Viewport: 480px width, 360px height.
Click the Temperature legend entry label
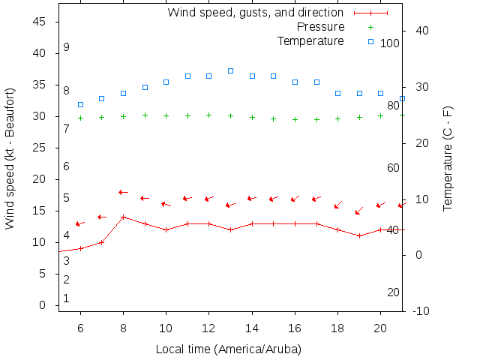[x=310, y=40]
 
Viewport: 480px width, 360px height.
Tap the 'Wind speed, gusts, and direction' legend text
[x=255, y=13]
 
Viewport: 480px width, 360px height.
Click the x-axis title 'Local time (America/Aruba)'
[x=228, y=349]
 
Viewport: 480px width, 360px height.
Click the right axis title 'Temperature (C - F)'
[x=448, y=159]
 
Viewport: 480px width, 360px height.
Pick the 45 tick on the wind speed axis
[x=40, y=22]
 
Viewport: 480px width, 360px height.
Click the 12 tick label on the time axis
[x=208, y=327]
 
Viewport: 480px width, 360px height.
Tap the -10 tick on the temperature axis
[x=421, y=311]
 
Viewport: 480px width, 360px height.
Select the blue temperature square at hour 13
[x=230, y=70]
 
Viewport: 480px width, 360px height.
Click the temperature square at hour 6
[x=80, y=104]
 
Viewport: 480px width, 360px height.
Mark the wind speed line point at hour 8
[x=123, y=217]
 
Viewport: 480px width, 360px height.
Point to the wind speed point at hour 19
[x=359, y=235]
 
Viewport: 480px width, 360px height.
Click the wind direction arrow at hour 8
[x=123, y=193]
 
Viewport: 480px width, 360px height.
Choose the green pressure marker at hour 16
[x=295, y=119]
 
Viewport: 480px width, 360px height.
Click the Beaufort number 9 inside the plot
[x=66, y=47]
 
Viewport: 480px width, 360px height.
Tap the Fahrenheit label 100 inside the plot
[x=390, y=43]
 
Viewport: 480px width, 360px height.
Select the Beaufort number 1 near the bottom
[x=66, y=298]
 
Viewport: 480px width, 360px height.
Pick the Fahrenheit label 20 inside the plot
[x=393, y=292]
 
